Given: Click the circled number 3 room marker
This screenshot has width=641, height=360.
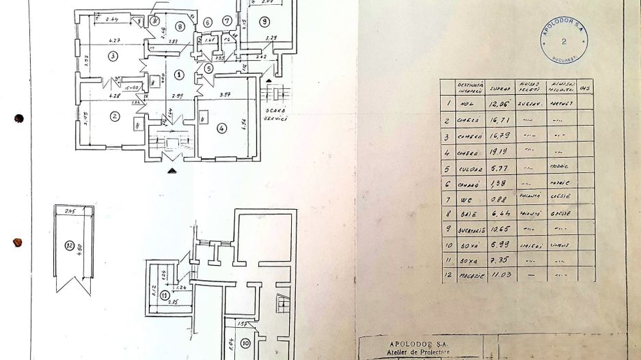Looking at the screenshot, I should (x=113, y=55).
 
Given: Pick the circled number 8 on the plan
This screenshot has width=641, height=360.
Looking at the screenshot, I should (x=180, y=27).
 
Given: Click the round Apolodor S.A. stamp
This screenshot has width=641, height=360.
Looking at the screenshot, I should (x=564, y=40).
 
